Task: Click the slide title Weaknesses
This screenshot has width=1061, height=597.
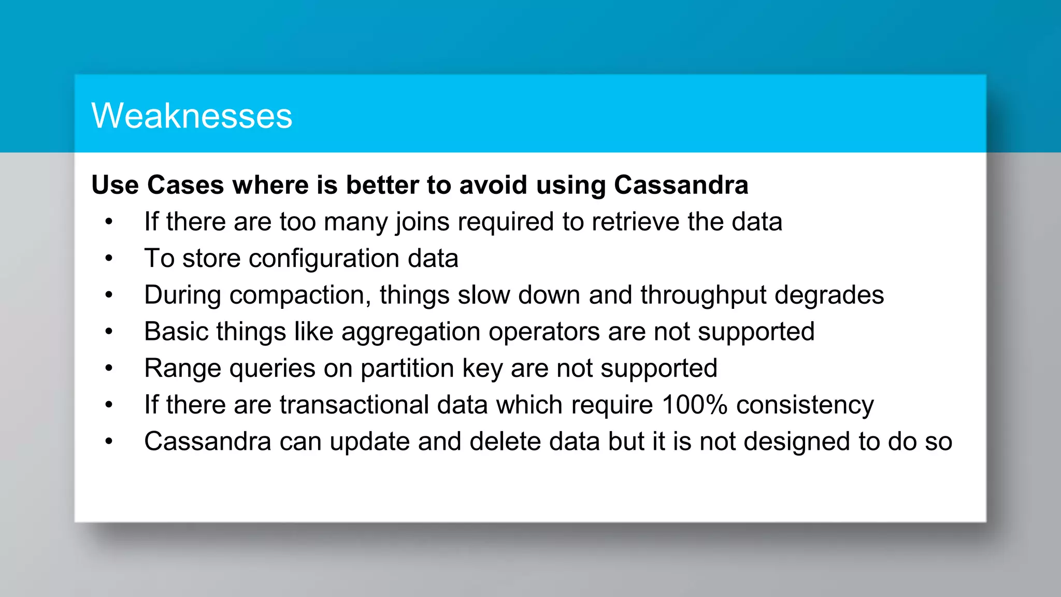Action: pyautogui.click(x=192, y=116)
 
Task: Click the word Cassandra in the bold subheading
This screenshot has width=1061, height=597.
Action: pyautogui.click(x=681, y=185)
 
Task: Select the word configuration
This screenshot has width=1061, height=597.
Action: pyautogui.click(x=324, y=259)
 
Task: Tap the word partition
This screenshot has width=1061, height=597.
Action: pyautogui.click(x=407, y=368)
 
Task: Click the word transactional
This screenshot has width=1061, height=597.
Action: pyautogui.click(x=354, y=405)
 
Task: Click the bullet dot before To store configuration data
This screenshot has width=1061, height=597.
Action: pyautogui.click(x=109, y=258)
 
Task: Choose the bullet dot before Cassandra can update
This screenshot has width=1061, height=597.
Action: pyautogui.click(x=109, y=442)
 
